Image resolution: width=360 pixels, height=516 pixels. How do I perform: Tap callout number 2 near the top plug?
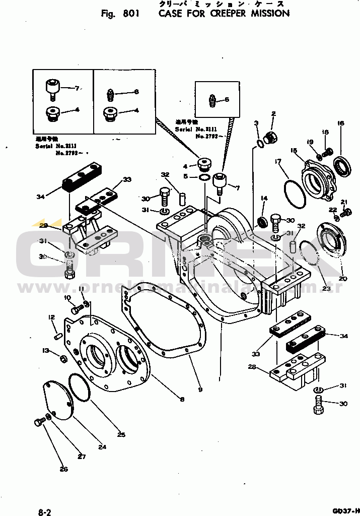pos(273,113)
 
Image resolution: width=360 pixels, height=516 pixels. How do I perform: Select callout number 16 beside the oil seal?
pos(340,123)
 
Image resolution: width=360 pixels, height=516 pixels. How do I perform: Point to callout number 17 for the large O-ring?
pos(277,161)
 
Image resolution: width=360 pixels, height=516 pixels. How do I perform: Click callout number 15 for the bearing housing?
pos(294,150)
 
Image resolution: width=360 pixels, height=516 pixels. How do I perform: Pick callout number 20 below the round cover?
pos(342,279)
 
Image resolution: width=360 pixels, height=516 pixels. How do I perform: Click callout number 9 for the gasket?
pos(200,390)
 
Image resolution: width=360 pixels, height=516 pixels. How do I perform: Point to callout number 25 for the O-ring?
pos(121,435)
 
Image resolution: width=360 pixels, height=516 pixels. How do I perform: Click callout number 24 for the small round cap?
pos(102,446)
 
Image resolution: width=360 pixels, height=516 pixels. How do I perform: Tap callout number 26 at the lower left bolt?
pos(63,470)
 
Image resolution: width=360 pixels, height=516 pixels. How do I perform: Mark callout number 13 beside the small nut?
pos(46,351)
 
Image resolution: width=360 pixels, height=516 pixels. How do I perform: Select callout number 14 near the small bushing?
pos(263,198)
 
